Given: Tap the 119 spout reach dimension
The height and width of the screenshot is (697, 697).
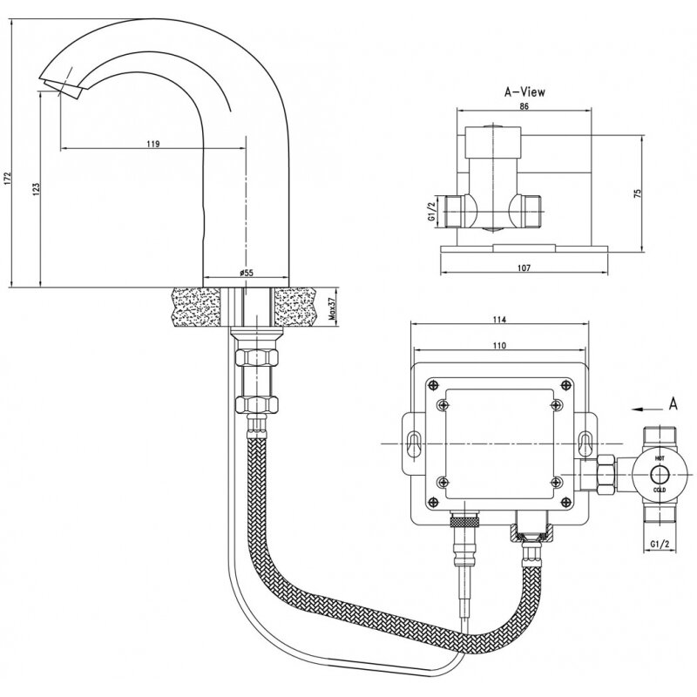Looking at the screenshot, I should coord(153,143).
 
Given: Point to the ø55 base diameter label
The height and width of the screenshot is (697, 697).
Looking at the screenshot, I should coord(247,273).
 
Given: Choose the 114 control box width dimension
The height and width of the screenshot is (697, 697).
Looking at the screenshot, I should coord(498,320).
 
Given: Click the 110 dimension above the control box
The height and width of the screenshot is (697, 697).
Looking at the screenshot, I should coord(498,346).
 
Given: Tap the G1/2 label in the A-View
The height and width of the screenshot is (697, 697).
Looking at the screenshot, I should coord(430,213).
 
